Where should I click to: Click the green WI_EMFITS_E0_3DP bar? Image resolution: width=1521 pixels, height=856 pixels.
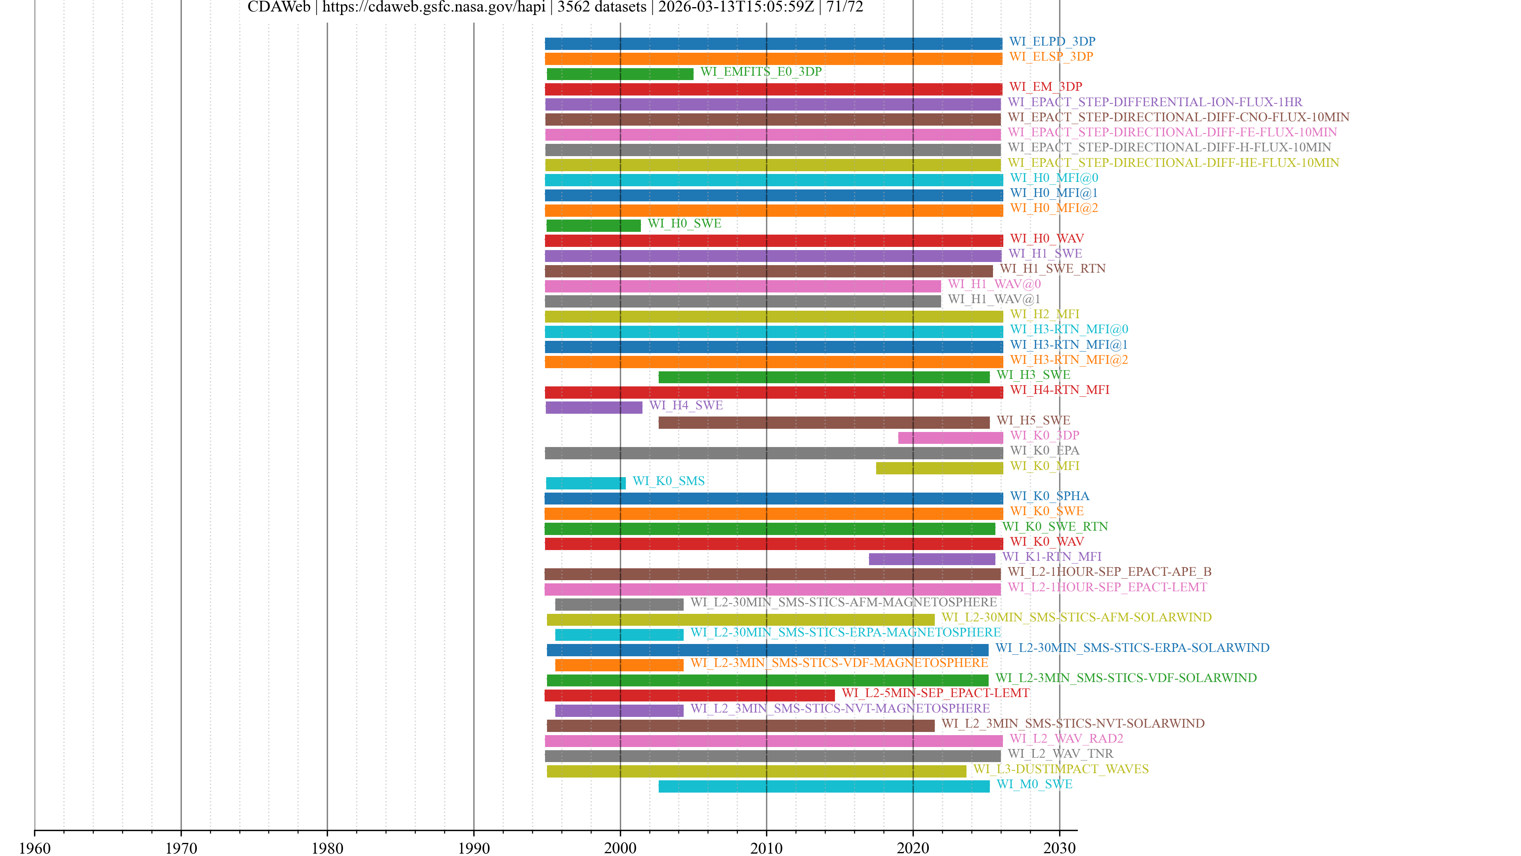(x=619, y=74)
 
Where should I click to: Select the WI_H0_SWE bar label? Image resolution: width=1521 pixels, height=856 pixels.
(x=684, y=223)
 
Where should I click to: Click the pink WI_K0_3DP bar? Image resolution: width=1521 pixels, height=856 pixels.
(x=950, y=438)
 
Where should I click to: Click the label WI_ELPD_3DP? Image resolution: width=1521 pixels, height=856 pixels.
(x=1052, y=41)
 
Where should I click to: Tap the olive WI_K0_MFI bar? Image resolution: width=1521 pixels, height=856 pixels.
(x=939, y=468)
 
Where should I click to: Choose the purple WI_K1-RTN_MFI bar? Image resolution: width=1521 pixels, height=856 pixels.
(x=932, y=559)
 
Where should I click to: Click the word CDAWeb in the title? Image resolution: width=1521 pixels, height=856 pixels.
(x=279, y=7)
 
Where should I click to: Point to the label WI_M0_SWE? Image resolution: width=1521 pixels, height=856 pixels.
(x=1034, y=784)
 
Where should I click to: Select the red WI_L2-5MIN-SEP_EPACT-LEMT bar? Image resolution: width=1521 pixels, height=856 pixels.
(x=689, y=695)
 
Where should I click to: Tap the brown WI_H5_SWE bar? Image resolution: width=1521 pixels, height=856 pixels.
(x=824, y=422)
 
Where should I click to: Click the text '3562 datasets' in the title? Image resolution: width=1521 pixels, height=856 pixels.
(x=602, y=7)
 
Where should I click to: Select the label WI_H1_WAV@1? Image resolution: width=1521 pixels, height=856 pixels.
(x=994, y=299)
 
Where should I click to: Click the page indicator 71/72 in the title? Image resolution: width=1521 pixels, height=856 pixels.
(x=844, y=7)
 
